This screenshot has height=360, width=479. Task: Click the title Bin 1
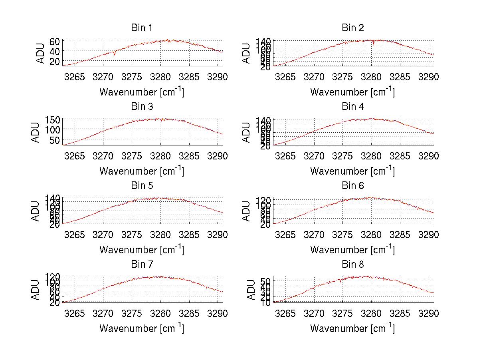(141, 28)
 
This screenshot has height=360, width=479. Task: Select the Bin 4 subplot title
(352, 107)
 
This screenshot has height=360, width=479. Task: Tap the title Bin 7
(141, 265)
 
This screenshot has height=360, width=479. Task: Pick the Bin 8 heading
(352, 265)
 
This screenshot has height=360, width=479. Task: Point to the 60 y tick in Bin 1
(55, 41)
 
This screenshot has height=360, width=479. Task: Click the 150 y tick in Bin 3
(53, 120)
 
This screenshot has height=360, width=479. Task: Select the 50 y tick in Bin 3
(55, 140)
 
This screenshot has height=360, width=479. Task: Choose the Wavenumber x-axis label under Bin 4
(352, 171)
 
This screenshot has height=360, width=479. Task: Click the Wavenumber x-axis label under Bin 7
(141, 328)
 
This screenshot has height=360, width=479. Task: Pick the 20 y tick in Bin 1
(55, 61)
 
